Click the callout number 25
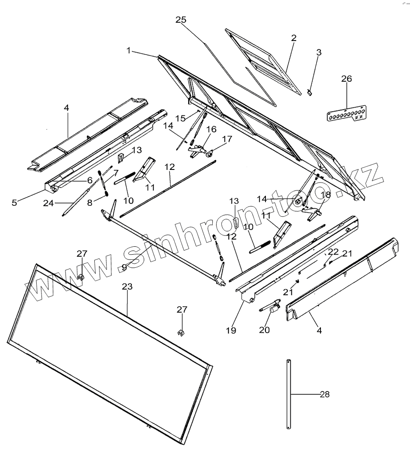pyautogui.click(x=181, y=20)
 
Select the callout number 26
pyautogui.click(x=346, y=79)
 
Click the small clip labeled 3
pyautogui.click(x=310, y=92)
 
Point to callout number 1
pyautogui.click(x=129, y=51)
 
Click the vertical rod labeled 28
pyautogui.click(x=289, y=393)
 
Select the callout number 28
pyautogui.click(x=324, y=394)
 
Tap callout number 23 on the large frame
pyautogui.click(x=127, y=287)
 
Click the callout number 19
pyautogui.click(x=231, y=330)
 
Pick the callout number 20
pyautogui.click(x=265, y=330)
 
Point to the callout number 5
pyautogui.click(x=14, y=203)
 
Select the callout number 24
pyautogui.click(x=48, y=203)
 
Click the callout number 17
pyautogui.click(x=227, y=139)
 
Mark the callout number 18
pyautogui.click(x=326, y=195)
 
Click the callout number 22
pyautogui.click(x=333, y=252)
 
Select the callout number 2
pyautogui.click(x=294, y=38)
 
